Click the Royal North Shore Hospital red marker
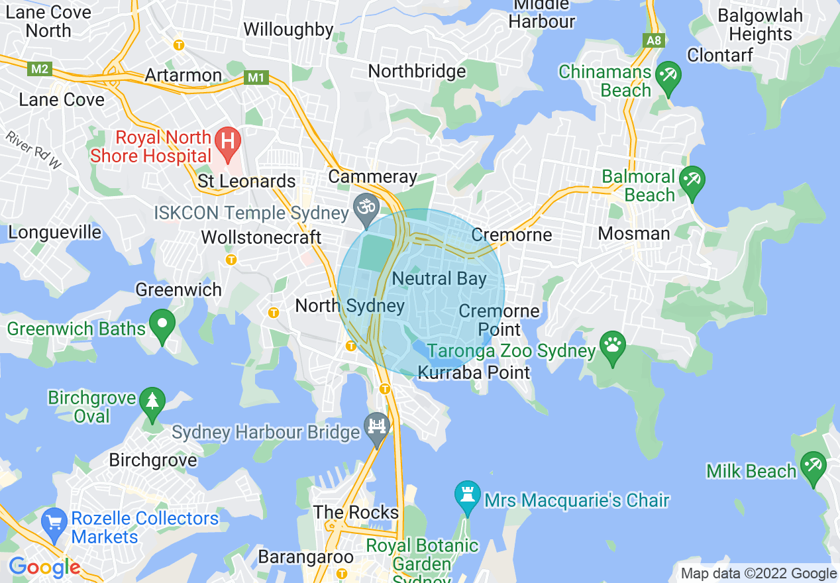(x=228, y=143)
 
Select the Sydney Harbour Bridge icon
(x=377, y=427)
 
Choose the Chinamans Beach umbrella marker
(x=668, y=76)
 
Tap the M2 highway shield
(x=40, y=69)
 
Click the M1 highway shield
(x=256, y=78)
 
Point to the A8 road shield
(x=654, y=41)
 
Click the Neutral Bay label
(x=439, y=279)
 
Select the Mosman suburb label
(x=634, y=233)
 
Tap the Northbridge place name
(x=417, y=71)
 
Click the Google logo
(x=44, y=567)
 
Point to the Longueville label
(x=55, y=232)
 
